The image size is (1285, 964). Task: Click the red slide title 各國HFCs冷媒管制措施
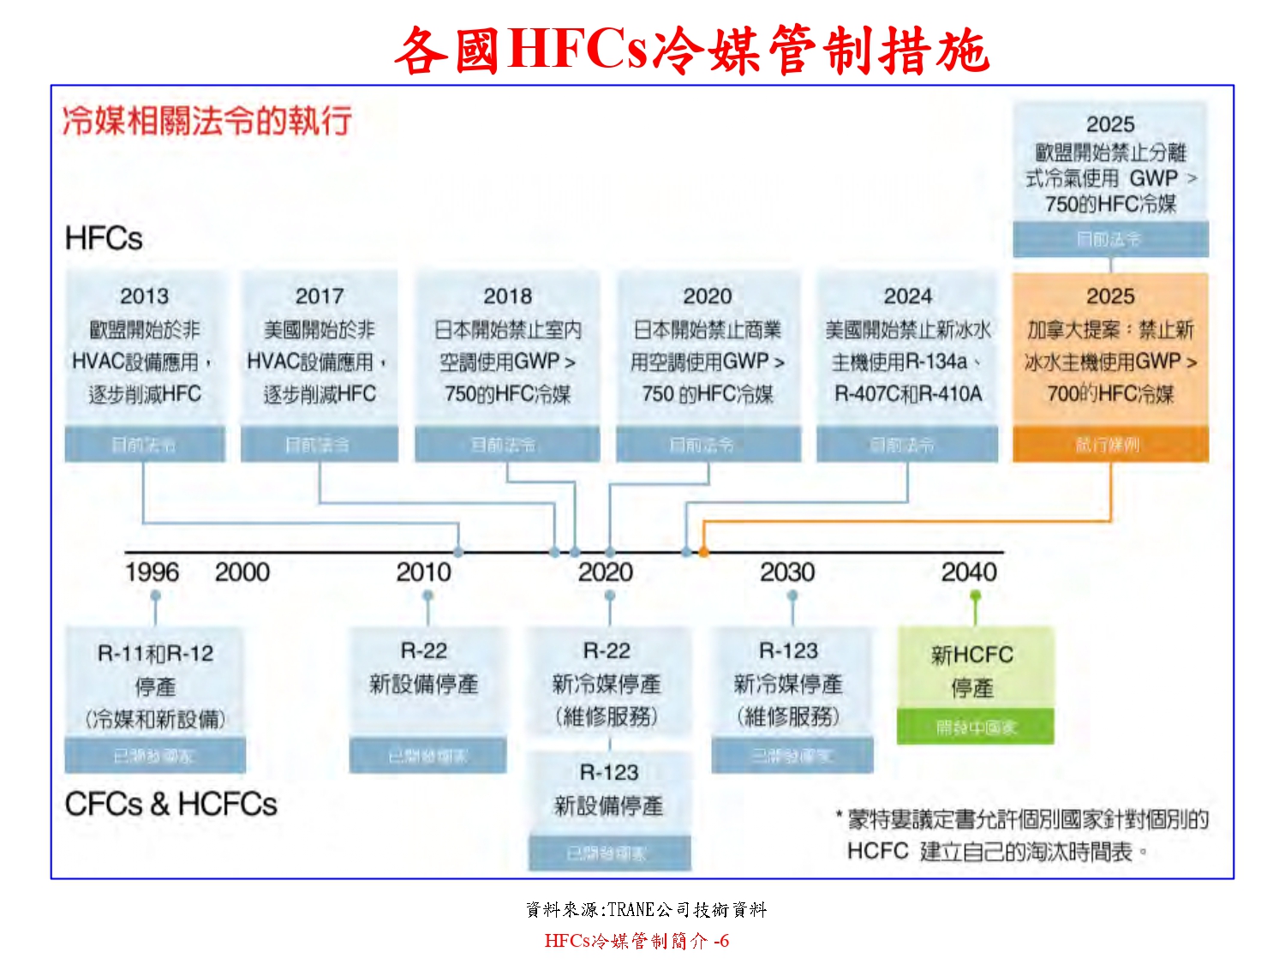(x=691, y=50)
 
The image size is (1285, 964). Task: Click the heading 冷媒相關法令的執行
(x=206, y=121)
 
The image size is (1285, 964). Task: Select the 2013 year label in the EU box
(x=144, y=296)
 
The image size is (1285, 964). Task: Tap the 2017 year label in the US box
(x=319, y=296)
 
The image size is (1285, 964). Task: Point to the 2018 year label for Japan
(x=507, y=296)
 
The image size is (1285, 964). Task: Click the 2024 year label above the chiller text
(x=907, y=296)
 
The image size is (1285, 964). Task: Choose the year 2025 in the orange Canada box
(x=1110, y=296)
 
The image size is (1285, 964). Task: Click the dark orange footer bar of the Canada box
(x=1110, y=445)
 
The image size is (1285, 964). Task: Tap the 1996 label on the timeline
(x=152, y=572)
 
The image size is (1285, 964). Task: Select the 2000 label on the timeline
(x=242, y=572)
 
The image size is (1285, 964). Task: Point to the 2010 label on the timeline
(x=423, y=572)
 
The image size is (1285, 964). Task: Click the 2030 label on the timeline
(x=787, y=572)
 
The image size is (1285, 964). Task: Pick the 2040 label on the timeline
(x=969, y=572)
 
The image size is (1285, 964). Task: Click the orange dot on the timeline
(x=703, y=553)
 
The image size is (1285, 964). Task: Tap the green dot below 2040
(x=975, y=596)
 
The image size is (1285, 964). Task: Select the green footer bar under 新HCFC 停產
(x=975, y=727)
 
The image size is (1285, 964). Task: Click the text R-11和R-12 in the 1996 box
(x=155, y=654)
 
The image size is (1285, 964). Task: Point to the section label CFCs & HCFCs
(x=171, y=805)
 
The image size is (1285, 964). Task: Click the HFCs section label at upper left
(x=104, y=238)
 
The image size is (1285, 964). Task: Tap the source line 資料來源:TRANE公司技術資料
(x=646, y=910)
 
